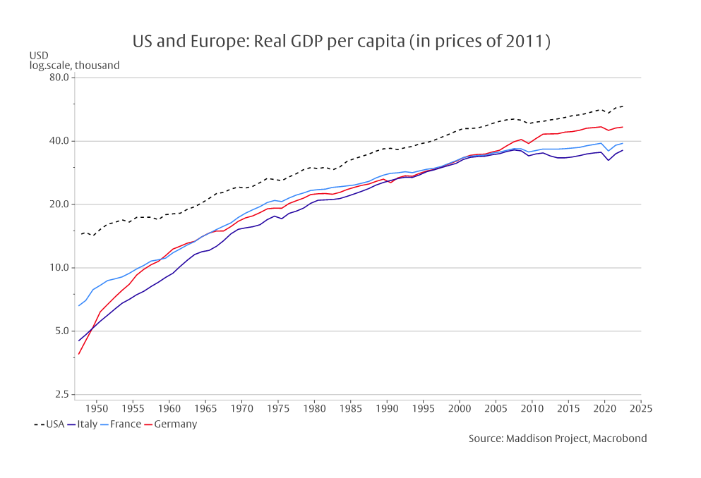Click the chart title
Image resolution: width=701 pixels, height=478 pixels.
pos(341,41)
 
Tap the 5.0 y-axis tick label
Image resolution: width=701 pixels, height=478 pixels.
pos(59,331)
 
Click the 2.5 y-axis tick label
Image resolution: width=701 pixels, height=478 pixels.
pos(59,395)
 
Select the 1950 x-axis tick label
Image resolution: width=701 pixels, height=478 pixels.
pos(96,408)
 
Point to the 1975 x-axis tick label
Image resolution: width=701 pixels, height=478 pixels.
pos(277,408)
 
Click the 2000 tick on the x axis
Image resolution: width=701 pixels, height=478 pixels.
pos(459,408)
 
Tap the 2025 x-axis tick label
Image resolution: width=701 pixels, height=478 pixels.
pos(640,408)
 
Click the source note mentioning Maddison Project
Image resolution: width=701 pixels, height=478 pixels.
pos(557,439)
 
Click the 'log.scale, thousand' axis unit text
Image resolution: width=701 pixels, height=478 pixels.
pos(74,66)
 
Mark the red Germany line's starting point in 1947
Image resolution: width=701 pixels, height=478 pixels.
pos(78,354)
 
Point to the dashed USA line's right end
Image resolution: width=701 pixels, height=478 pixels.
pos(623,106)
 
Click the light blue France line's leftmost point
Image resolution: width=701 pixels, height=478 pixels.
pos(78,306)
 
